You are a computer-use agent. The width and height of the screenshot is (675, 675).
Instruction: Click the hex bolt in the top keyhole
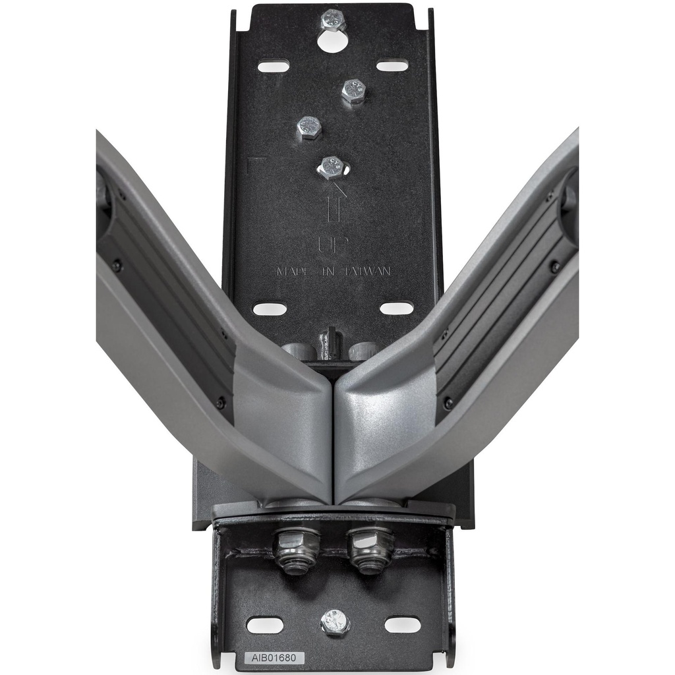point(333,20)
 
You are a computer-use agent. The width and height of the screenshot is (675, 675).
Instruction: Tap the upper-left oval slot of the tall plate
point(274,66)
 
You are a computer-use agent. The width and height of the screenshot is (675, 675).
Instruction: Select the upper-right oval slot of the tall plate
point(392,66)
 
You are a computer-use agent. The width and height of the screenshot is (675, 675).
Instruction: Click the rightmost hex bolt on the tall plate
point(354,91)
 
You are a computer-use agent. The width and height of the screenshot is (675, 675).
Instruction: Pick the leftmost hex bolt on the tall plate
point(308,127)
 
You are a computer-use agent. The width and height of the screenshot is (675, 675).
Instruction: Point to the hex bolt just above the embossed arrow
point(332,167)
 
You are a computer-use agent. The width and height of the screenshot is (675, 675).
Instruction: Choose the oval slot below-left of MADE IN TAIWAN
point(270,309)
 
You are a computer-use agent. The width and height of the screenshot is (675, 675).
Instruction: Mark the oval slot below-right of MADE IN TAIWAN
point(396,308)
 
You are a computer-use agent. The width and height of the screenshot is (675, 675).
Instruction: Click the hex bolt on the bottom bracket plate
point(335,622)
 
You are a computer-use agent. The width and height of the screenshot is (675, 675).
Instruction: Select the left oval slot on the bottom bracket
point(265,625)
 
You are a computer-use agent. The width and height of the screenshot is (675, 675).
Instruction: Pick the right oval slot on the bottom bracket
point(402,624)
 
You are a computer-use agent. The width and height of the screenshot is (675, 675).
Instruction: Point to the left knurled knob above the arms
point(300,351)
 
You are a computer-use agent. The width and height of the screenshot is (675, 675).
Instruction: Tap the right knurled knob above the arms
point(363,351)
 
